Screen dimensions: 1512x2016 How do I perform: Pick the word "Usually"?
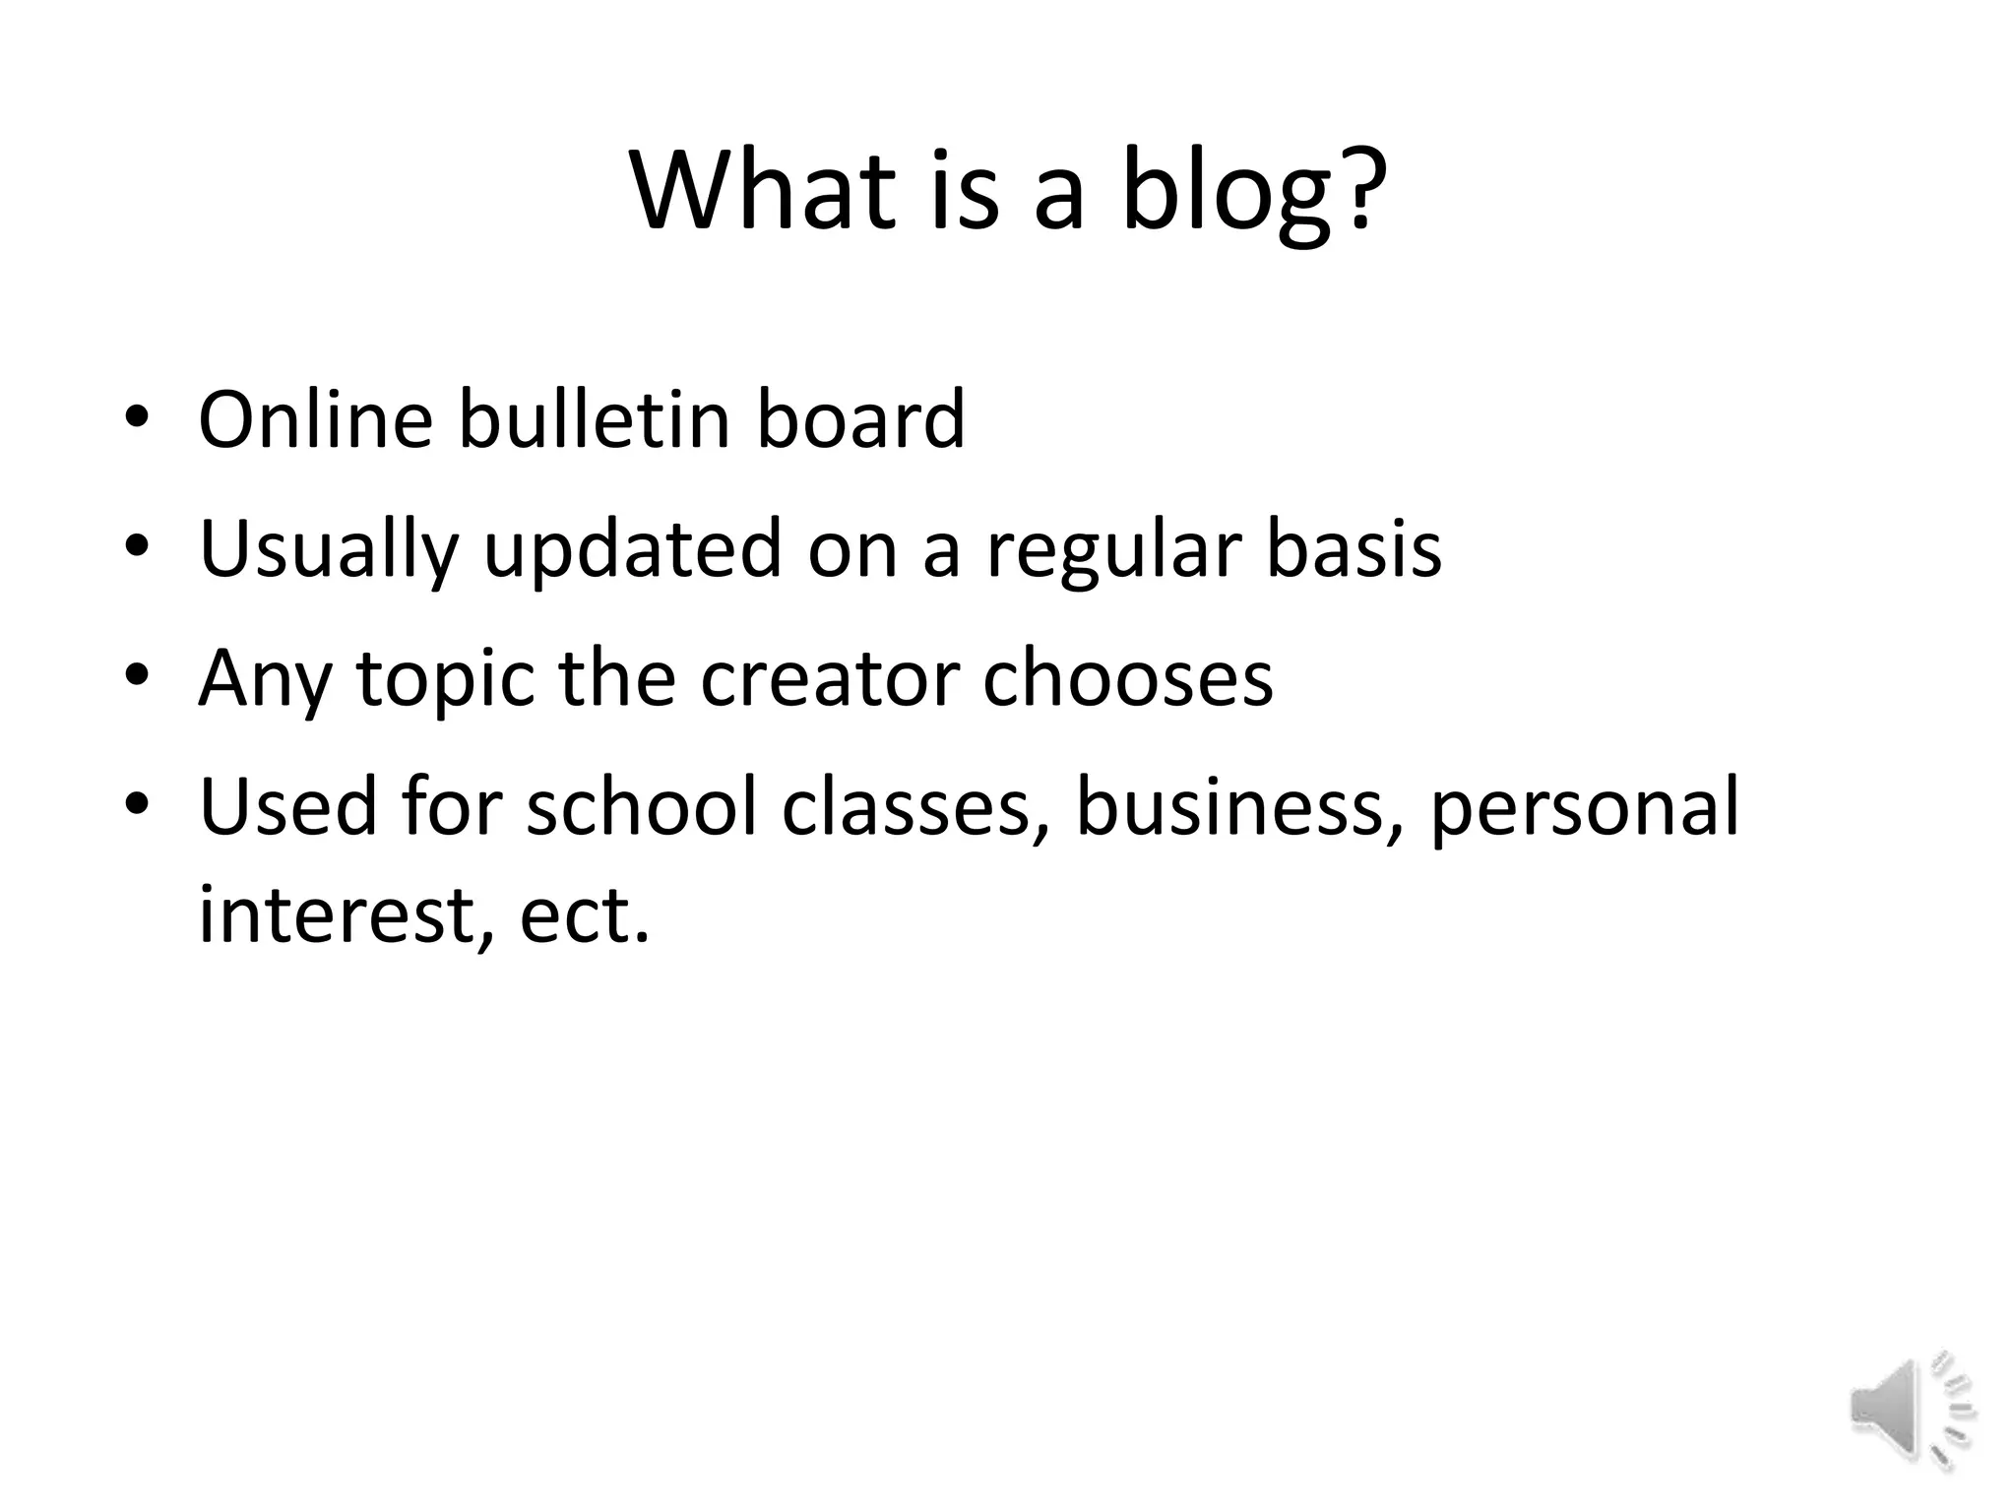tap(329, 549)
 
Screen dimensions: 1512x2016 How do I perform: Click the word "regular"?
tap(1113, 549)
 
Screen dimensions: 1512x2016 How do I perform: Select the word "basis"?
tap(1354, 549)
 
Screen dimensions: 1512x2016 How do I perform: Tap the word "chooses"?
tap(1128, 679)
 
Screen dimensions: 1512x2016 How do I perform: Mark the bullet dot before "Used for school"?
tap(137, 804)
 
